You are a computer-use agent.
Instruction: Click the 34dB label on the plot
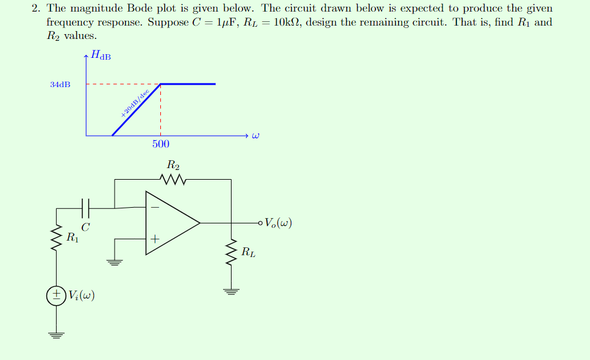pyautogui.click(x=60, y=84)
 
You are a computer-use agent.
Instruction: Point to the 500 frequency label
pyautogui.click(x=160, y=144)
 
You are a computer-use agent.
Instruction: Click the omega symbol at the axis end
pyautogui.click(x=256, y=135)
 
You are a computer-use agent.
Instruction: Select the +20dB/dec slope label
pyautogui.click(x=135, y=104)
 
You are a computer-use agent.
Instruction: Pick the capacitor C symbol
pyautogui.click(x=85, y=208)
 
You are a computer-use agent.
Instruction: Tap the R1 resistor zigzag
pyautogui.click(x=57, y=238)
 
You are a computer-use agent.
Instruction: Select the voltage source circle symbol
pyautogui.click(x=57, y=295)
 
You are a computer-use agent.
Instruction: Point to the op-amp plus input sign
pyautogui.click(x=155, y=239)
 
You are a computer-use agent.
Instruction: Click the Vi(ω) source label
pyautogui.click(x=81, y=295)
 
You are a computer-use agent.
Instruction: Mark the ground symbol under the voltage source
pyautogui.click(x=57, y=334)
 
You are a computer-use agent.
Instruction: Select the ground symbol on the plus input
pyautogui.click(x=114, y=262)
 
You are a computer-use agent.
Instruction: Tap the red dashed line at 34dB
pyautogui.click(x=122, y=84)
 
